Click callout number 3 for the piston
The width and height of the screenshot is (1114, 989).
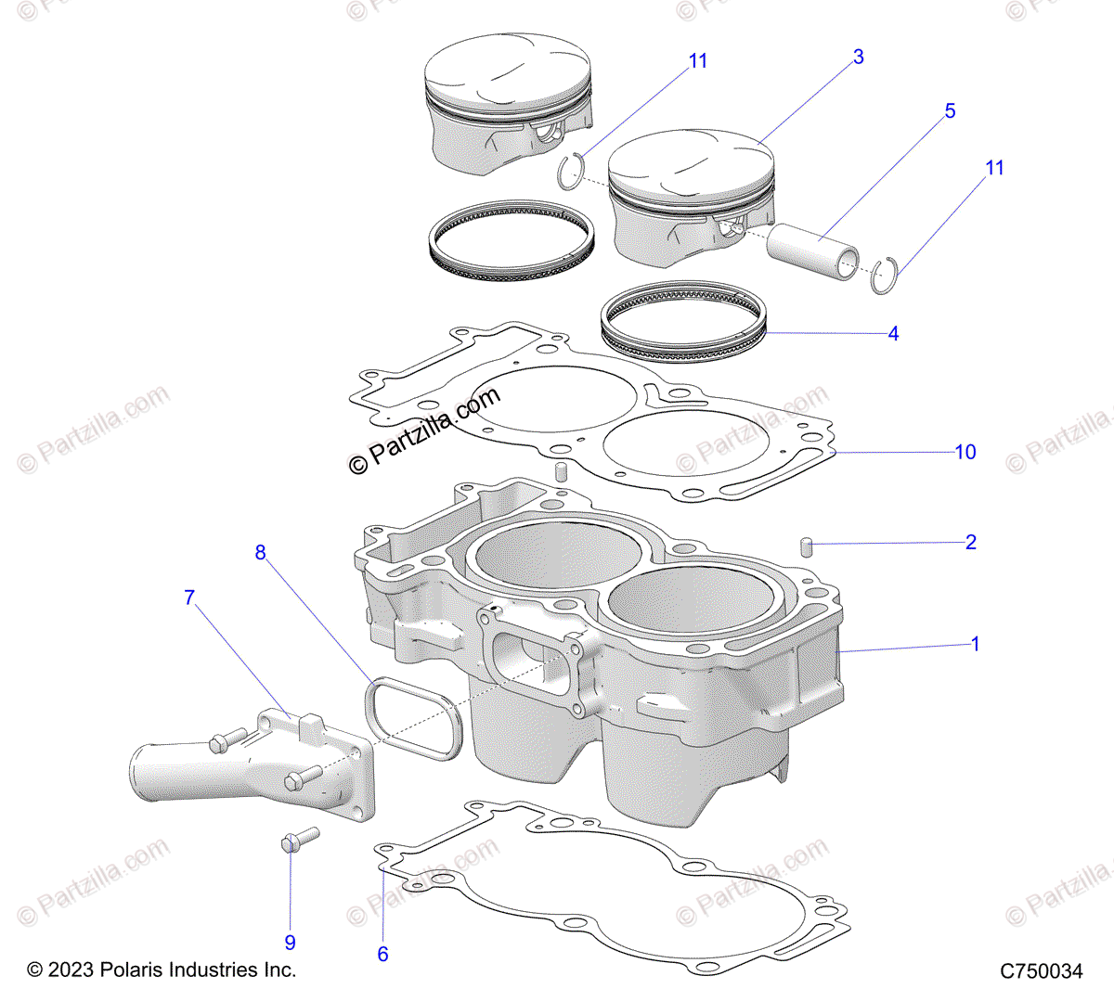(x=858, y=58)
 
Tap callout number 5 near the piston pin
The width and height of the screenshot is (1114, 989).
(x=950, y=111)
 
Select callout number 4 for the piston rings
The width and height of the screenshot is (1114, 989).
(x=893, y=334)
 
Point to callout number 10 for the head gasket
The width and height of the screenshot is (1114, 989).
(x=965, y=452)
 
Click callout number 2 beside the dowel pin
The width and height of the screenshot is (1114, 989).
(x=971, y=543)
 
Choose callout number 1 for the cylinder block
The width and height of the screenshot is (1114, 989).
(x=975, y=644)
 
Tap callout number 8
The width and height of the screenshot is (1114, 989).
(x=260, y=553)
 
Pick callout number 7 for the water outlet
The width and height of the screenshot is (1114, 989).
(x=189, y=597)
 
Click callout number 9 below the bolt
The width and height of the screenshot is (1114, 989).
(x=290, y=943)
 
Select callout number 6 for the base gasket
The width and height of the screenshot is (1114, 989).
(x=382, y=954)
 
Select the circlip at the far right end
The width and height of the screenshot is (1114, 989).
(x=885, y=276)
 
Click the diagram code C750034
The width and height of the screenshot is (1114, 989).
(x=1041, y=971)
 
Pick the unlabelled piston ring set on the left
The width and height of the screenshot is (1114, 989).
(x=512, y=240)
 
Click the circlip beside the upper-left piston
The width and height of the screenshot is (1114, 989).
(x=573, y=169)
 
